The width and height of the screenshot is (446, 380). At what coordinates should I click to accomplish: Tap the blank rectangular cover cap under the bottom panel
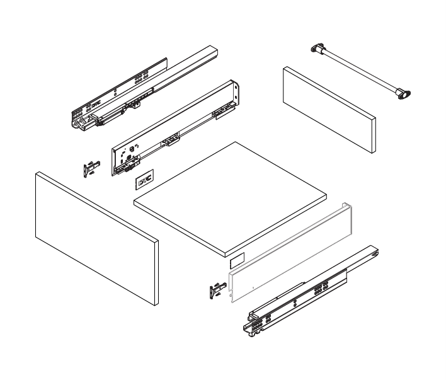[236, 258]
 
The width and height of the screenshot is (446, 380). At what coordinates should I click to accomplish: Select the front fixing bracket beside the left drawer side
[92, 168]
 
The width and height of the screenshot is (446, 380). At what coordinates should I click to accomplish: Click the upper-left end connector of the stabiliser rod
[318, 48]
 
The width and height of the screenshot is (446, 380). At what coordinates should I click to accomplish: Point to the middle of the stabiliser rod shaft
[359, 71]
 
